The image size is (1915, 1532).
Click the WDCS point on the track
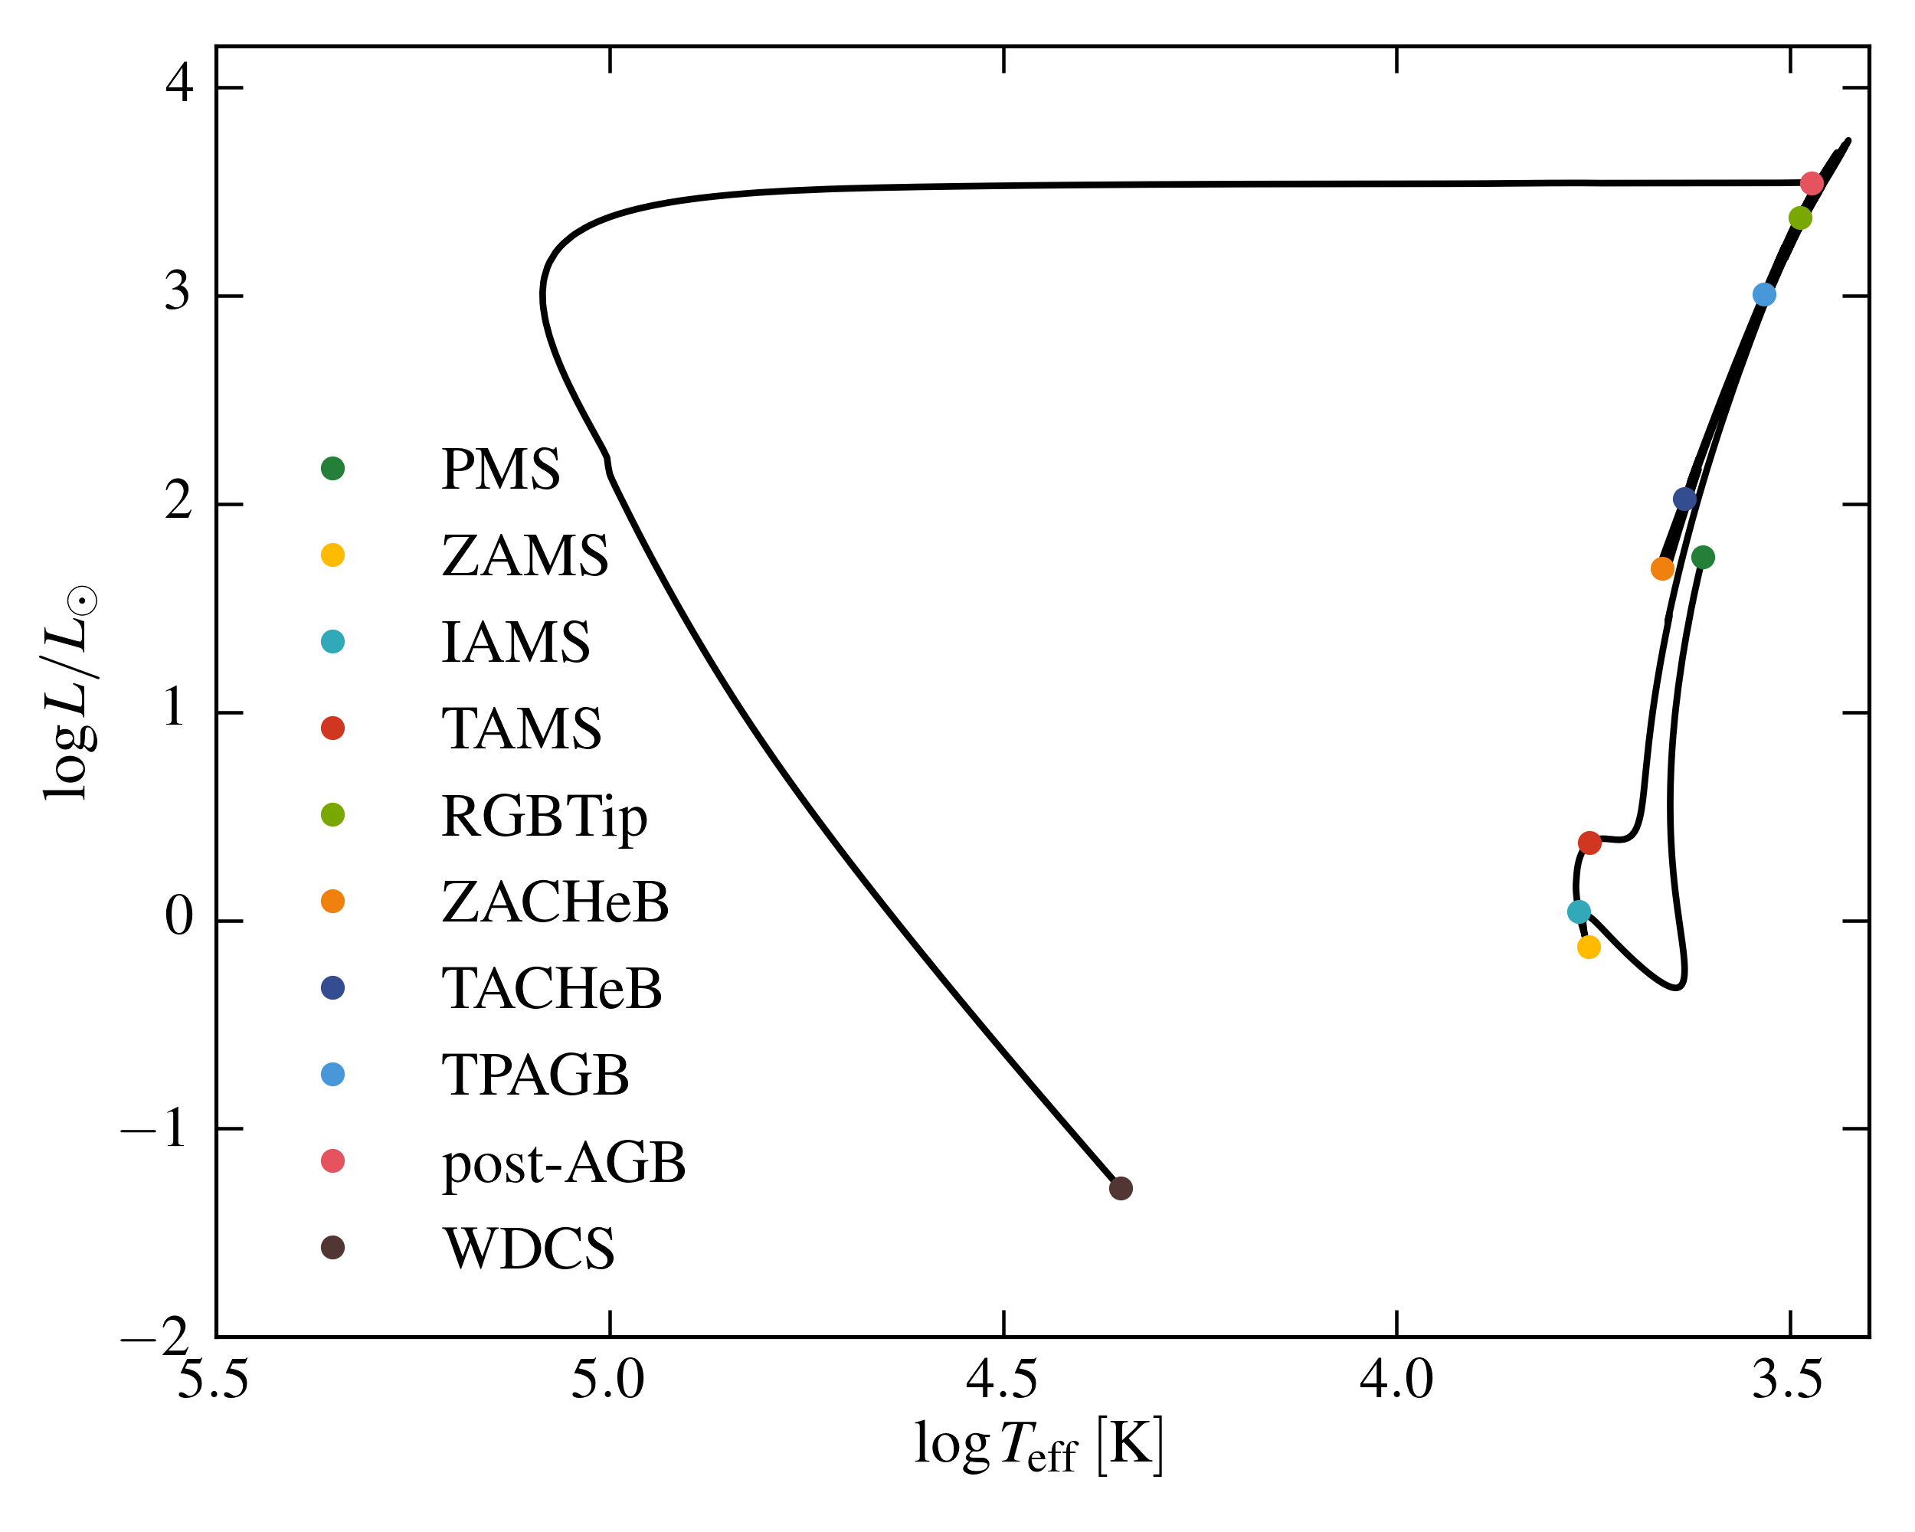click(x=1121, y=1188)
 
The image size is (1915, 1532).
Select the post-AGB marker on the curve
click(x=1812, y=184)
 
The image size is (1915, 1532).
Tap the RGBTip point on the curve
click(x=1800, y=218)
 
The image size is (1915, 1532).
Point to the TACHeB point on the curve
click(x=1685, y=499)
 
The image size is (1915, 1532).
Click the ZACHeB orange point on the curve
click(x=1663, y=569)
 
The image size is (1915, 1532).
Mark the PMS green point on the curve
click(x=1703, y=558)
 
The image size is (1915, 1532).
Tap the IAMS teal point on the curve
click(x=1579, y=912)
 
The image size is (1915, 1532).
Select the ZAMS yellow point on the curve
click(x=1589, y=948)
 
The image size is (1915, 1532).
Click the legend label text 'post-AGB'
click(x=564, y=1163)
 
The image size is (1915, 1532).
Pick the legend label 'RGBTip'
click(x=545, y=817)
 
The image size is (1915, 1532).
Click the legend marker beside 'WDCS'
click(x=333, y=1248)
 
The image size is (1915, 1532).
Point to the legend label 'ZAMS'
click(x=525, y=556)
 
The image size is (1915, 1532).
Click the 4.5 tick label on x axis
click(x=1003, y=1380)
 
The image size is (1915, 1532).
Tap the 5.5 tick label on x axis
click(x=214, y=1380)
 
